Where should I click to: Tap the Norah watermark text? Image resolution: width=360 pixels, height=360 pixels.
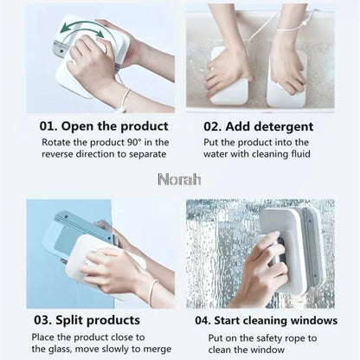179,180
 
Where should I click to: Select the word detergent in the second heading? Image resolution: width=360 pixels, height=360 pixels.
278,126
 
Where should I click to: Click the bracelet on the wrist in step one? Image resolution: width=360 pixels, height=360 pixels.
126,97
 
